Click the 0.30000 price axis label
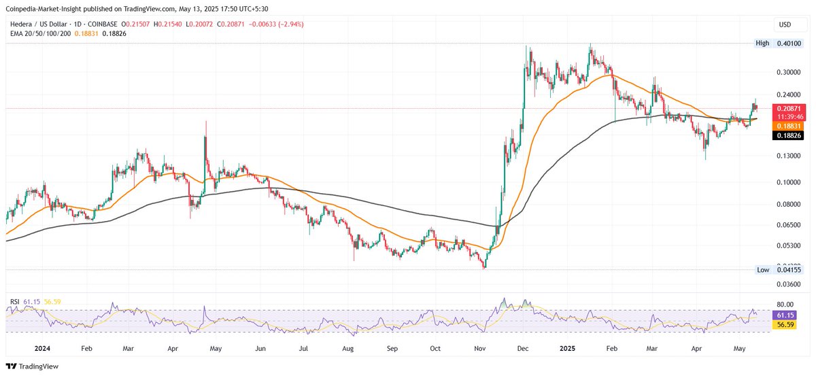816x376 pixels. tap(789, 71)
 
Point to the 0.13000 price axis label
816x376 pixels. tap(789, 156)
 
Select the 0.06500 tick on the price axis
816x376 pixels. tap(789, 224)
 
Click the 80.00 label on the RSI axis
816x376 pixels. tap(787, 304)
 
